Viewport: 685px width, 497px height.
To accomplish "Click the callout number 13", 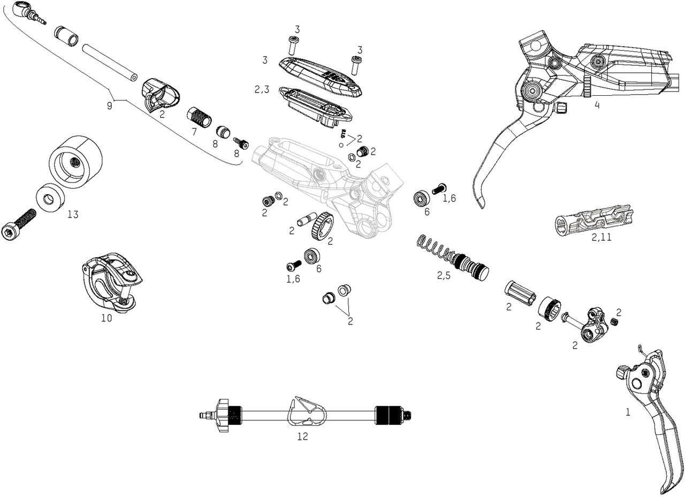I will coord(73,215).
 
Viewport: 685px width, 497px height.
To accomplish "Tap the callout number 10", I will coord(106,318).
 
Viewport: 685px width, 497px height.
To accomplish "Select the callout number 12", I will coord(302,437).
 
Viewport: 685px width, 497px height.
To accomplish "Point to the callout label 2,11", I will coord(602,238).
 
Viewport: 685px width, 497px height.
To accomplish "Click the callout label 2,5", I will coord(444,276).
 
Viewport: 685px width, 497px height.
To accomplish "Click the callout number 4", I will coord(597,105).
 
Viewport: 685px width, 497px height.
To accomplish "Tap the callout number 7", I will coord(194,131).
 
